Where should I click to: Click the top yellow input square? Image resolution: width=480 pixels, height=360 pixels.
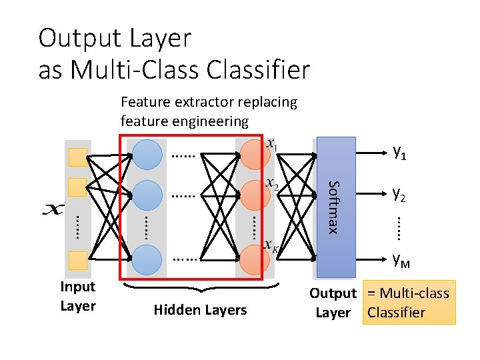[79, 156]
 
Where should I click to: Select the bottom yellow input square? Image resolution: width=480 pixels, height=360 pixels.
[79, 260]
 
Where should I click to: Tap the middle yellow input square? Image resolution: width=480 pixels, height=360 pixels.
[79, 186]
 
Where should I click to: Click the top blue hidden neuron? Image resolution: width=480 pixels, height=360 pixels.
[147, 155]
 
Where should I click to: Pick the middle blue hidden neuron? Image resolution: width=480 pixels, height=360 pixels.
[147, 196]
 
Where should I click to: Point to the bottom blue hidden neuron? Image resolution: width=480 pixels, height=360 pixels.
[147, 259]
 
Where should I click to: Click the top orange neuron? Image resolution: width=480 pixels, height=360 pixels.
[254, 155]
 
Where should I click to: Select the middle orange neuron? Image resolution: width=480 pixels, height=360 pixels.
[254, 196]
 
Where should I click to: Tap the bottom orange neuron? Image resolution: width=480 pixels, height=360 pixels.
[254, 259]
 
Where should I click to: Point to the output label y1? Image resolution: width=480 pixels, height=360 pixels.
[400, 153]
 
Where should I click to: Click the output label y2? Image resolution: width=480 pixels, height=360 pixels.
[400, 194]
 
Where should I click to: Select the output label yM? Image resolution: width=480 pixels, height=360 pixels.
[401, 259]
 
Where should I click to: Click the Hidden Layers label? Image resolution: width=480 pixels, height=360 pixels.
[200, 310]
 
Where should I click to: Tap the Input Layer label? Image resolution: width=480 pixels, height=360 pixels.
[78, 297]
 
